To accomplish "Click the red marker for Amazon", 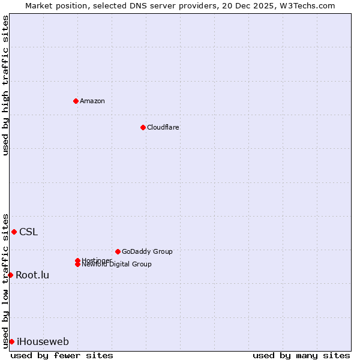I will [x=76, y=101].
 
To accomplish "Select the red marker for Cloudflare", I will [x=143, y=127].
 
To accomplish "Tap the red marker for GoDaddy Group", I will [x=118, y=251].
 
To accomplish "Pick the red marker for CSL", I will [x=14, y=232].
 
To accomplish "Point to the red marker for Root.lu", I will [x=10, y=275].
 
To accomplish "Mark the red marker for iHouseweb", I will [x=11, y=341].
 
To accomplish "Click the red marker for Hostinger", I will [x=77, y=260].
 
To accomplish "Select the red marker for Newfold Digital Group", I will [x=78, y=264].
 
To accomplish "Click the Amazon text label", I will [x=92, y=101].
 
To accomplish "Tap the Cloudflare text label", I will [x=163, y=127].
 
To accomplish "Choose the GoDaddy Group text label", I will [x=147, y=251].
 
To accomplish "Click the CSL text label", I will [x=28, y=232].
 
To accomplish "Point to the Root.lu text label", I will [x=32, y=275].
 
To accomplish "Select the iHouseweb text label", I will [x=43, y=342].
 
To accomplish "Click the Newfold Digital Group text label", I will [x=116, y=265].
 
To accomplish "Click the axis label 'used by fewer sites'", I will [x=62, y=355].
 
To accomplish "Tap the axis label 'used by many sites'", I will [x=301, y=355].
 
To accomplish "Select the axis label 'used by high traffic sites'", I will [x=5, y=85].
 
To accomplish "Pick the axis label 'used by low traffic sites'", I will [x=5, y=281].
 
